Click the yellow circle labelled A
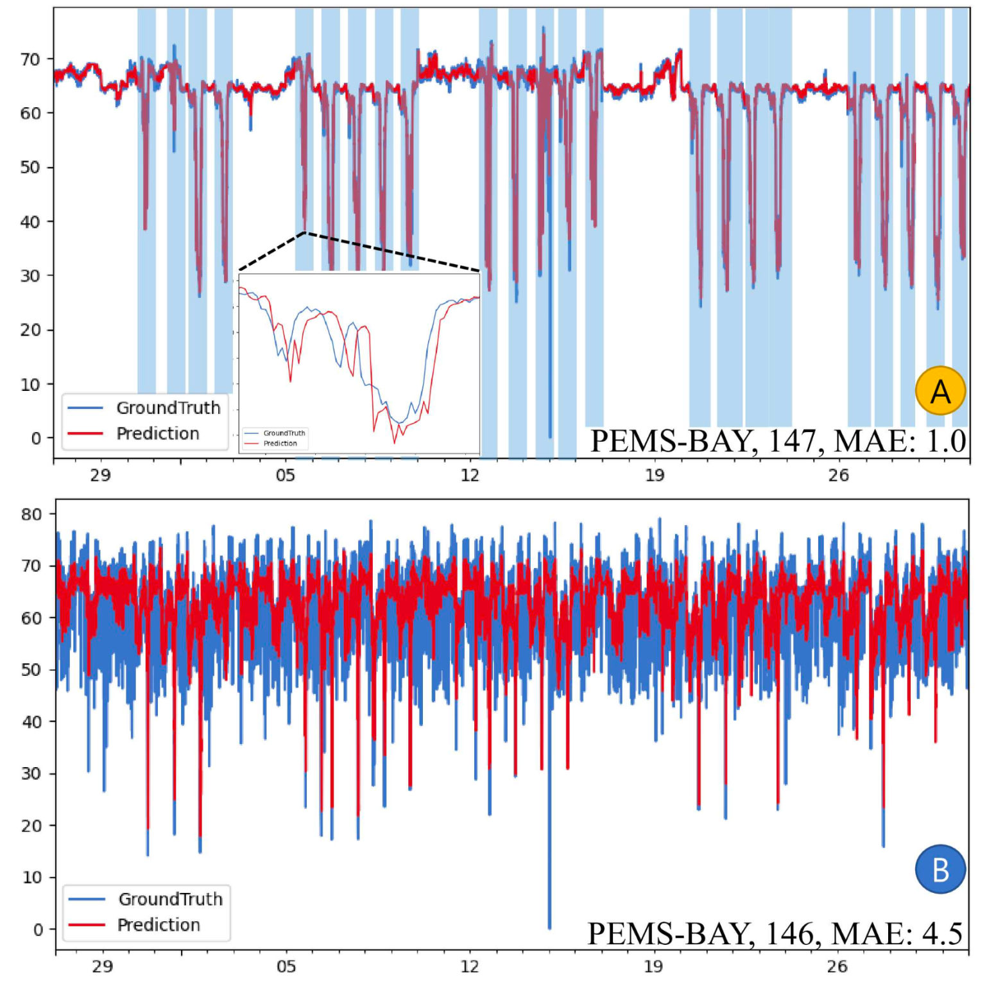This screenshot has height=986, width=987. coord(940,391)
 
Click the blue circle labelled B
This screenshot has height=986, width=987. coord(940,870)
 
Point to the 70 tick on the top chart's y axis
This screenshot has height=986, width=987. coord(30,60)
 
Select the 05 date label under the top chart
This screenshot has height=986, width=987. coord(286,476)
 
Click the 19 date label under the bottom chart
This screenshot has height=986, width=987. coord(653,966)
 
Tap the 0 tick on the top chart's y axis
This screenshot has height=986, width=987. coord(36,438)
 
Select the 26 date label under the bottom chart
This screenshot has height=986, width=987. coord(837,966)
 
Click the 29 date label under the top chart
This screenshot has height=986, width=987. coord(100,476)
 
